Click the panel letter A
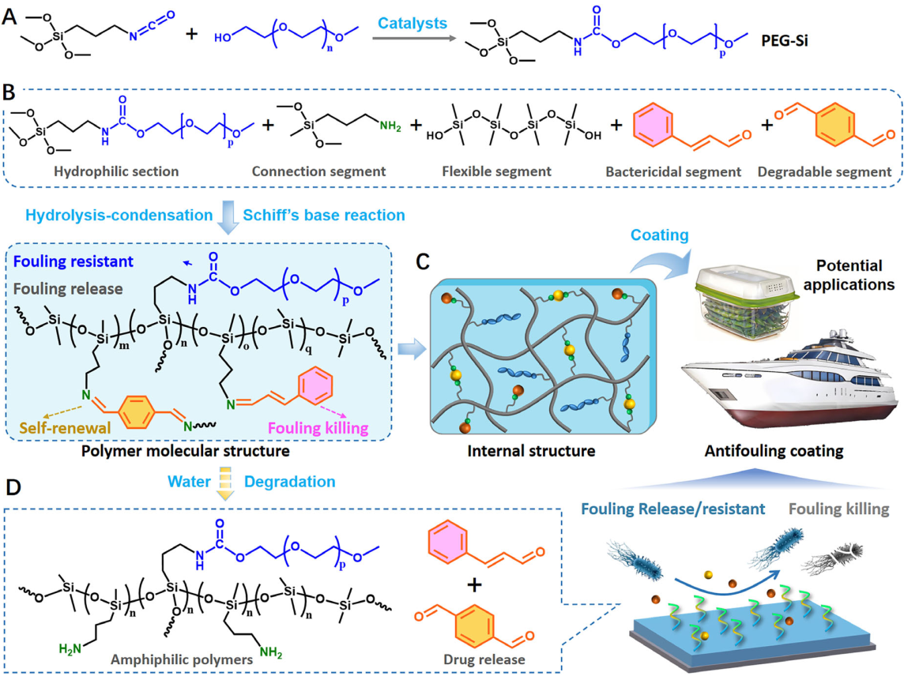pyautogui.click(x=10, y=13)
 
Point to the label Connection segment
pyautogui.click(x=311, y=171)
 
